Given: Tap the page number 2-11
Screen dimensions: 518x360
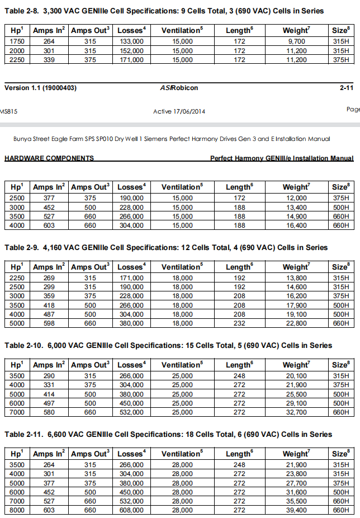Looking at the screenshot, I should [346, 88].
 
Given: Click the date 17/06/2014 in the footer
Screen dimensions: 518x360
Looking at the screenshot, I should [188, 111].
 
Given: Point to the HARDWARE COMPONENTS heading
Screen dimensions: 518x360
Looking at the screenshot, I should [49, 158].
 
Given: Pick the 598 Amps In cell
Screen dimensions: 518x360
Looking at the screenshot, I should [49, 323].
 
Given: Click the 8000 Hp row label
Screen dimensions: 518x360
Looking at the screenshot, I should [17, 510].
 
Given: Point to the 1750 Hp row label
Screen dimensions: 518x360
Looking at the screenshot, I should [17, 41].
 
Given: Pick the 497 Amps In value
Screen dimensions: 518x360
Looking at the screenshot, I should [49, 403].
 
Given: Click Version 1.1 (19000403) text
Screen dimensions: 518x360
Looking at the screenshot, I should [40, 88].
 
